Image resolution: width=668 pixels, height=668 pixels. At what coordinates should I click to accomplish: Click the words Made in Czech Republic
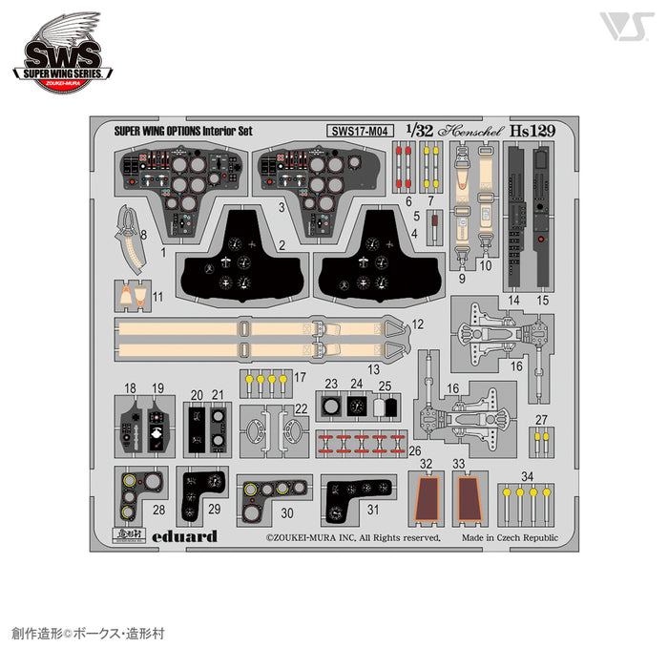(514, 537)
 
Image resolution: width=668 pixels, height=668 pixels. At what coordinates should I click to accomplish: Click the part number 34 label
(528, 474)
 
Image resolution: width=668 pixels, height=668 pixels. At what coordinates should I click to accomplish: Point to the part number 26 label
(413, 449)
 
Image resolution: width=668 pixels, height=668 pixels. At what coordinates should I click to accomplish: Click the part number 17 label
(300, 377)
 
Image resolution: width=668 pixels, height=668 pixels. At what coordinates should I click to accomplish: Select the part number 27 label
(541, 421)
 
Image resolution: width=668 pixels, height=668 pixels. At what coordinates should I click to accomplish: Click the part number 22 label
(301, 408)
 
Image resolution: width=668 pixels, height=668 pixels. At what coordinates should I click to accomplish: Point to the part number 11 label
(157, 296)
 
